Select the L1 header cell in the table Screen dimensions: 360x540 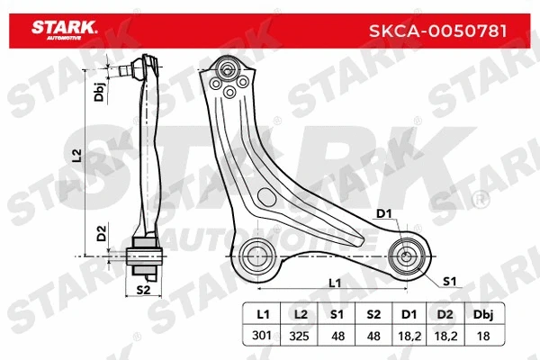tap(263, 316)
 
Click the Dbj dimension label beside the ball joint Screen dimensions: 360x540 tap(98, 90)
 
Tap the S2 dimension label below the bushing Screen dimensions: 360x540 tap(142, 290)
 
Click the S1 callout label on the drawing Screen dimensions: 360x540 tap(449, 282)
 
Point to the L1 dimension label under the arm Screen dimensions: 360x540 tap(335, 283)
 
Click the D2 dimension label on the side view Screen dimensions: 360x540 tap(101, 234)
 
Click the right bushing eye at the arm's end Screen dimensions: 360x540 tap(409, 253)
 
